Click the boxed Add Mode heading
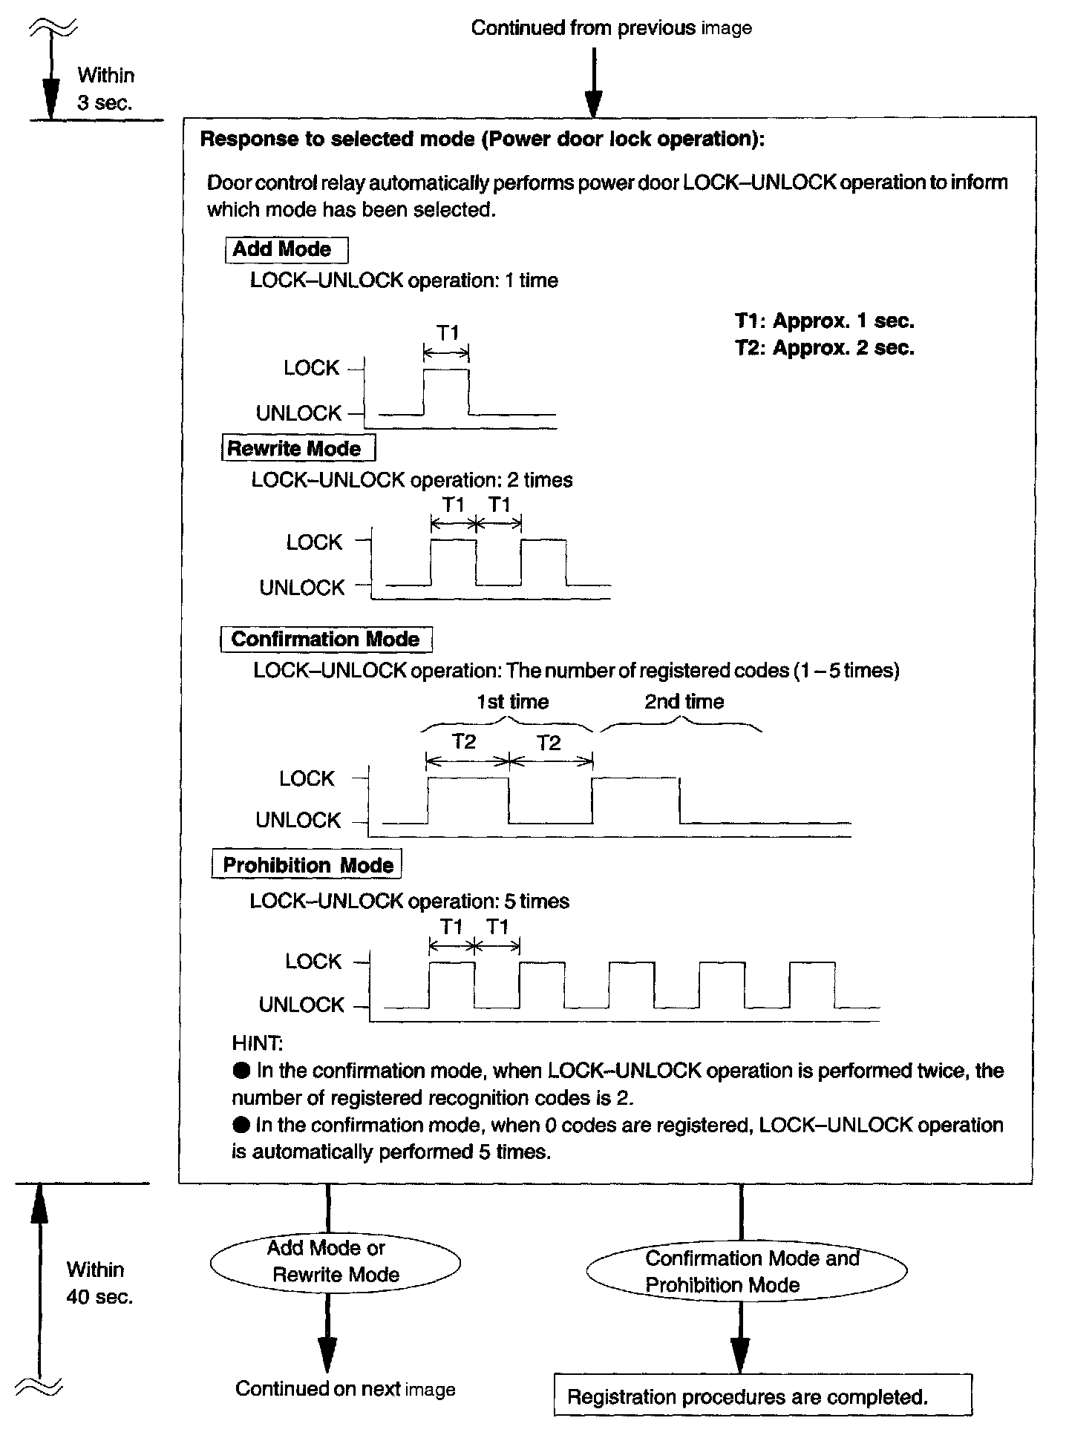286,249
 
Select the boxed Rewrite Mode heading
298,449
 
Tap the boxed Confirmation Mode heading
326,640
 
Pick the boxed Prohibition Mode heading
307,865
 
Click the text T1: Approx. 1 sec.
825,321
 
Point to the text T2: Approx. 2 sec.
825,348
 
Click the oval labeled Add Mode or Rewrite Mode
335,1261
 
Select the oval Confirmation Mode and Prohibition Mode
747,1272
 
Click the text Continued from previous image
611,28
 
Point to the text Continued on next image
345,1389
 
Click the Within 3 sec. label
105,89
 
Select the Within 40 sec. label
99,1283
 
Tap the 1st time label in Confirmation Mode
512,702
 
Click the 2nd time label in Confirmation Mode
684,702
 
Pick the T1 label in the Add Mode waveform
448,333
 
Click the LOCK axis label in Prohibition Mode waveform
313,962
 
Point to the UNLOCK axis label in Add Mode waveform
298,413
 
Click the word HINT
256,1043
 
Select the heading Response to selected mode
482,139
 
